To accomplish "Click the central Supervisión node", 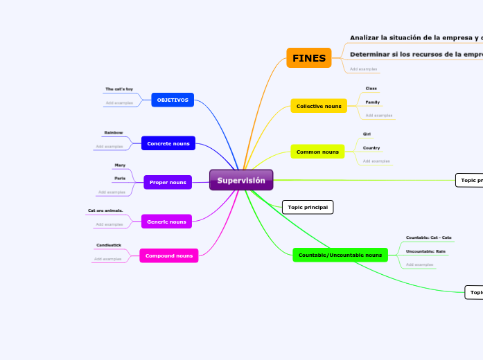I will click(x=241, y=181).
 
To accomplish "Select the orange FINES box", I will click(x=309, y=58).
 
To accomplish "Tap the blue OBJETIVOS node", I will click(x=173, y=100).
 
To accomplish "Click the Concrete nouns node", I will click(x=168, y=143).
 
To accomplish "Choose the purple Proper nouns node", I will click(x=168, y=182).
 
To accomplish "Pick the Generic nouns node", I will click(x=166, y=222).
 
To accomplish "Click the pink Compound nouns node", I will click(x=169, y=255).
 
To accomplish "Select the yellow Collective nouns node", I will click(x=319, y=106).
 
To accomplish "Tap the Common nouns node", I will click(x=317, y=152).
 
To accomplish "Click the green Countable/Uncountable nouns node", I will click(x=340, y=255).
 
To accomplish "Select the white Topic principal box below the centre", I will click(x=308, y=207).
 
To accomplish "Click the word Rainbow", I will click(x=114, y=132).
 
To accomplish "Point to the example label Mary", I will click(x=120, y=165).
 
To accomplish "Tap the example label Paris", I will click(x=120, y=179).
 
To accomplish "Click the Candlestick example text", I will click(x=109, y=245).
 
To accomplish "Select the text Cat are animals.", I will click(x=105, y=210).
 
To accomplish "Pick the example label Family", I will click(x=373, y=102).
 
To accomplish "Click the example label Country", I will click(x=371, y=147).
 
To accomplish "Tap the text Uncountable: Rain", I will click(x=425, y=251).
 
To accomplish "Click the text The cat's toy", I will click(x=118, y=89).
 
